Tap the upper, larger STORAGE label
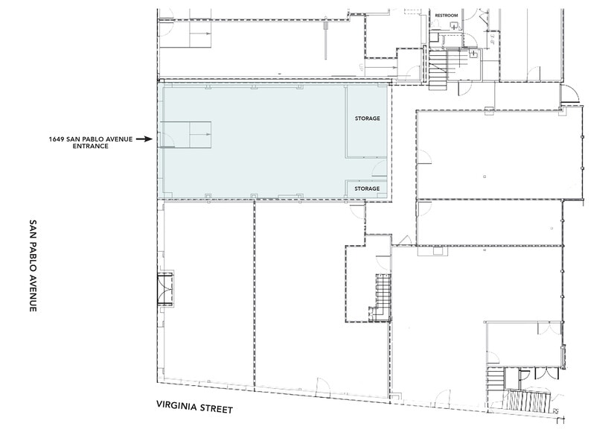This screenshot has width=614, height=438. pos(367,118)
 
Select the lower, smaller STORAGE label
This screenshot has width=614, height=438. pos(367,189)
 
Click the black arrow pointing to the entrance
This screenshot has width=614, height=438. pos(143,139)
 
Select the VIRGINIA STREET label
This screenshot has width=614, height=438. pos(194,409)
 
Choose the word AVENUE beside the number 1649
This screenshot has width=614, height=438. pos(118,139)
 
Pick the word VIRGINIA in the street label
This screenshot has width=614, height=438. pos(176,409)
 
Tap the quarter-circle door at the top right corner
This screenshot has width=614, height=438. pos(569,94)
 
